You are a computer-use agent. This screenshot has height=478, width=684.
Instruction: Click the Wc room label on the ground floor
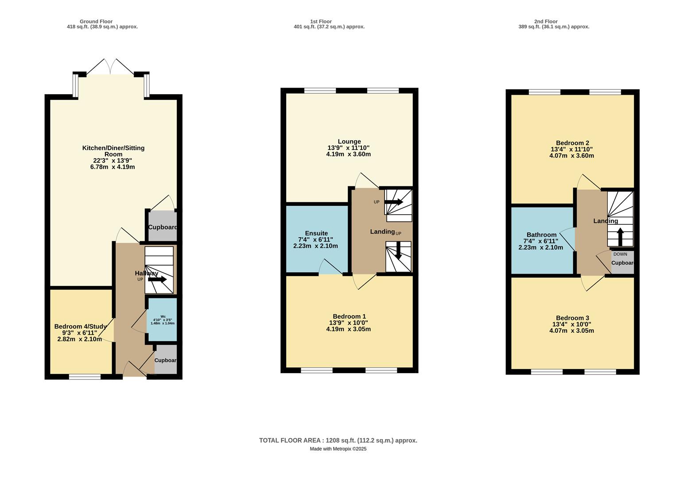click(x=163, y=316)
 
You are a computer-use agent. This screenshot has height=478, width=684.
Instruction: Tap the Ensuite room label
click(x=316, y=233)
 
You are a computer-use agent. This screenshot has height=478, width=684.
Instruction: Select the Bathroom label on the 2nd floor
click(x=541, y=235)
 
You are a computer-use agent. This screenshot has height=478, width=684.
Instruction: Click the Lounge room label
click(x=349, y=142)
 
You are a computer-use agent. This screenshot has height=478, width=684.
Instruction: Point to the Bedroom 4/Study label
click(x=80, y=327)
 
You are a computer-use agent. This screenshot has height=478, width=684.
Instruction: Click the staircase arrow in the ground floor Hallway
click(x=157, y=279)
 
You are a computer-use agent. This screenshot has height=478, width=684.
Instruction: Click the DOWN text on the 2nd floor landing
click(x=620, y=254)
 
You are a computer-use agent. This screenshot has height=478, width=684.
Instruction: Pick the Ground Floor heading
click(x=96, y=21)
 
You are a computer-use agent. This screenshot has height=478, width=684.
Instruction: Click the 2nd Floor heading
click(x=545, y=21)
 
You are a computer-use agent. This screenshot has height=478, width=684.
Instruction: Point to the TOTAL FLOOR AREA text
click(x=338, y=440)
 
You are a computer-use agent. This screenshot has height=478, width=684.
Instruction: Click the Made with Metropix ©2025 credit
click(x=338, y=449)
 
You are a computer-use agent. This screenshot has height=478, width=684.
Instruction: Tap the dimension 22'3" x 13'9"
click(x=113, y=161)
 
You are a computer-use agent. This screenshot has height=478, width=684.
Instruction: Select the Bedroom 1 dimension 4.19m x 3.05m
click(x=348, y=329)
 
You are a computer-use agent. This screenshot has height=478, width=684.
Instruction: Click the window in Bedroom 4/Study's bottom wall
click(x=85, y=377)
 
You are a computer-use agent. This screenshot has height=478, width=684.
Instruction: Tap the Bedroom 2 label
click(x=572, y=143)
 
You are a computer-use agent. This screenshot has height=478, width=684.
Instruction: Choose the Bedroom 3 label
click(x=572, y=318)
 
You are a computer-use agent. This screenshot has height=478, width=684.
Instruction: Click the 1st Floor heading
click(x=321, y=21)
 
